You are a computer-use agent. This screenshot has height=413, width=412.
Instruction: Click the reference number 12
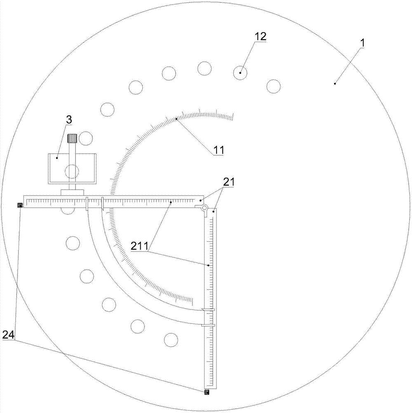260,36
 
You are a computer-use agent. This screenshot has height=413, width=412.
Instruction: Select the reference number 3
68,120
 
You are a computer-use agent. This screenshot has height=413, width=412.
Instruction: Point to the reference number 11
219,150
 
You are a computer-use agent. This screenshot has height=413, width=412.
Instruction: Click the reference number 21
228,182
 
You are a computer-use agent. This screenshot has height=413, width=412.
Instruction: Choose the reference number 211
139,246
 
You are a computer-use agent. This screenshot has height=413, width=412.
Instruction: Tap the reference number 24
8,335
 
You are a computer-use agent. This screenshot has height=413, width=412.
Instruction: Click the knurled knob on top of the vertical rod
72,138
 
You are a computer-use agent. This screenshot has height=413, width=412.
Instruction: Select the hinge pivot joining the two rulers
204,208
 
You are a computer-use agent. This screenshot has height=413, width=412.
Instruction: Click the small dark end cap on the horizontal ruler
20,205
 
